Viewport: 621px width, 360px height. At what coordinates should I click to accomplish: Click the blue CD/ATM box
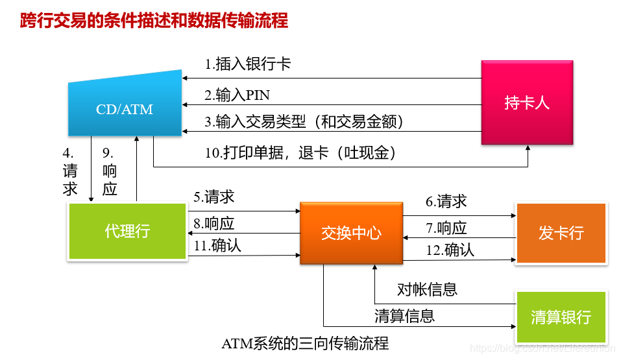(x=125, y=108)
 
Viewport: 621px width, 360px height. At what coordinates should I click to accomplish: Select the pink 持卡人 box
(x=526, y=102)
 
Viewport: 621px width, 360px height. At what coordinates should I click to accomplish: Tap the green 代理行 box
(x=127, y=231)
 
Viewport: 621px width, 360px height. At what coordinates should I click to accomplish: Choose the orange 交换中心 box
(x=351, y=234)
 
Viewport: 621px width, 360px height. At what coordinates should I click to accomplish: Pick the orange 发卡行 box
(x=561, y=233)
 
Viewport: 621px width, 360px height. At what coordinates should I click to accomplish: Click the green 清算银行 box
(x=561, y=317)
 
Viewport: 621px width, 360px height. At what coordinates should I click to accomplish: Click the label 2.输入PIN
(x=237, y=95)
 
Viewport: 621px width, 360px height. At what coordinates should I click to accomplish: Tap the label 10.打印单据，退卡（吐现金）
(x=300, y=153)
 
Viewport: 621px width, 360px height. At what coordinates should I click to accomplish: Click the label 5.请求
(x=213, y=197)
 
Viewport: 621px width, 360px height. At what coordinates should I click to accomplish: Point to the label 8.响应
(x=213, y=224)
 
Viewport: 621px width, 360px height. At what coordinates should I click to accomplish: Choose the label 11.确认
(x=217, y=246)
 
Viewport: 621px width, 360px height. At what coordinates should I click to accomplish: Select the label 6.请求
(x=446, y=202)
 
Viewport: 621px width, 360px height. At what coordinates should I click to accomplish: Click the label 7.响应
(x=446, y=228)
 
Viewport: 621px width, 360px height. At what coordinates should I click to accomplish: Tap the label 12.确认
(x=450, y=250)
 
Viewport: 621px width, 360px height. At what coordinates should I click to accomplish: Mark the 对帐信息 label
(x=427, y=289)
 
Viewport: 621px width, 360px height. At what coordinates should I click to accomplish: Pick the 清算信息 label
(x=404, y=316)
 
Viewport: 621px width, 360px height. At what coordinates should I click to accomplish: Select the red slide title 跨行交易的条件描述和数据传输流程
(x=154, y=21)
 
